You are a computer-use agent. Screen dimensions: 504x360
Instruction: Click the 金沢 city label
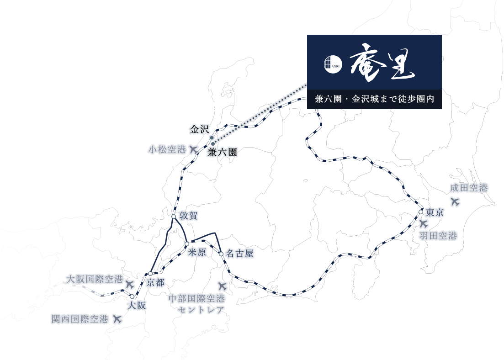pyautogui.click(x=199, y=130)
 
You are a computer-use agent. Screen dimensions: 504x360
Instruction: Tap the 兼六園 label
pyautogui.click(x=222, y=152)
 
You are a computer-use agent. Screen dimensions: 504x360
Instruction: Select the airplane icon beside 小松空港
pyautogui.click(x=193, y=149)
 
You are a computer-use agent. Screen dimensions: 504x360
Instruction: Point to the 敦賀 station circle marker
pyautogui.click(x=174, y=217)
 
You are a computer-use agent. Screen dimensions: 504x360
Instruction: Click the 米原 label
pyautogui.click(x=197, y=252)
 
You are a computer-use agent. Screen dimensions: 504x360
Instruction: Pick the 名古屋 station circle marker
pyautogui.click(x=221, y=254)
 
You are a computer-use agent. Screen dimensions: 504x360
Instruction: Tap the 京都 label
pyautogui.click(x=155, y=282)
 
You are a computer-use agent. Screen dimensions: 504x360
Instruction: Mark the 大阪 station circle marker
pyautogui.click(x=132, y=296)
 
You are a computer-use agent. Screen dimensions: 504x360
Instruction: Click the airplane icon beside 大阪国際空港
pyautogui.click(x=129, y=284)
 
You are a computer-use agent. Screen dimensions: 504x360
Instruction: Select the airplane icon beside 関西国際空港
pyautogui.click(x=117, y=319)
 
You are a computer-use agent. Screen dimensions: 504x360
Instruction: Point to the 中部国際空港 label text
pyautogui.click(x=196, y=299)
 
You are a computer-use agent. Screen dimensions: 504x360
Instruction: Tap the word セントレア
pyautogui.click(x=201, y=310)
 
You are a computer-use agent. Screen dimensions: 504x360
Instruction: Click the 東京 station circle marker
pyautogui.click(x=421, y=212)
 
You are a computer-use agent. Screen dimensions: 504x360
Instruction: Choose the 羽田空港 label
pyautogui.click(x=438, y=236)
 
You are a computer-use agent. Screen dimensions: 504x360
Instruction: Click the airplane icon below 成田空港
pyautogui.click(x=455, y=202)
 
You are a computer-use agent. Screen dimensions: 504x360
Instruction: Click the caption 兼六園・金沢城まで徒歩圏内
pyautogui.click(x=375, y=99)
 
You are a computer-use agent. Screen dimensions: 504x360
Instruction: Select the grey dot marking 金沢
pyautogui.click(x=212, y=138)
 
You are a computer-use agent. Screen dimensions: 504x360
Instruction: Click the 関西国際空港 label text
pyautogui.click(x=80, y=319)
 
